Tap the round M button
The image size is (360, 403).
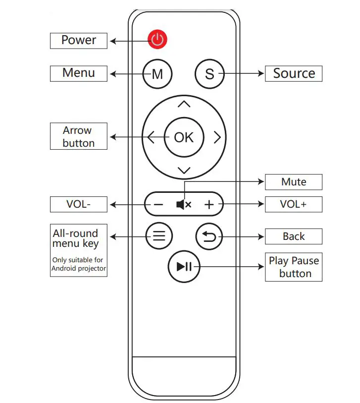coord(157,74)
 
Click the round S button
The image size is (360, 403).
coord(209,74)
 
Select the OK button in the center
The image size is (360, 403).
coord(184,137)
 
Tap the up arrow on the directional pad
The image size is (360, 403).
coord(184,104)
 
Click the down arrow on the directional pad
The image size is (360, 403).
coord(184,171)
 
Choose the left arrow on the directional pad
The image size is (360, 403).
coord(151,137)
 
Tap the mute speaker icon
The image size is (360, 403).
coord(184,204)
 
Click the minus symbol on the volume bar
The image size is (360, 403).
coord(158,204)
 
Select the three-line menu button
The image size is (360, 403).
coord(159,236)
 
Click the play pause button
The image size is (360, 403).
coord(184,267)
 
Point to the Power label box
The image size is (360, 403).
coord(78,40)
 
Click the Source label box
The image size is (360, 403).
coord(294,73)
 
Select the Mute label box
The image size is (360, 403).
coord(294,182)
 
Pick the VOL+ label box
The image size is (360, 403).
coord(294,204)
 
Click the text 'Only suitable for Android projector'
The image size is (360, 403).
coord(78,264)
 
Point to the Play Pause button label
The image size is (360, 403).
coord(294,267)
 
